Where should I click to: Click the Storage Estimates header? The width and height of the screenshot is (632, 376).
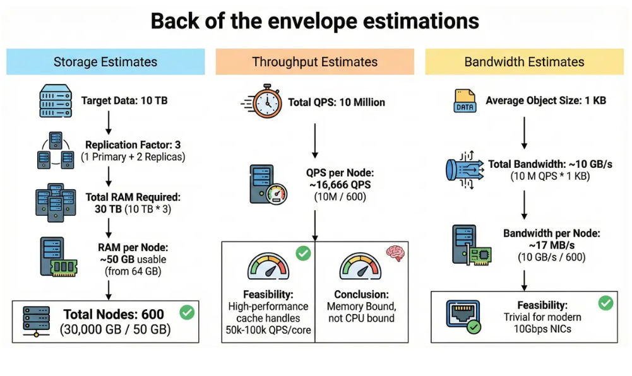point(105,62)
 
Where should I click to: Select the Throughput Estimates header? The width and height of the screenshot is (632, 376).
point(314,62)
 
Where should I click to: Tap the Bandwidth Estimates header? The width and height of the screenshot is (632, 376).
point(524,62)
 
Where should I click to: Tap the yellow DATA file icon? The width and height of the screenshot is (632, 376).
point(465,101)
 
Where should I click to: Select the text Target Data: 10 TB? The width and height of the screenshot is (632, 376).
point(124,100)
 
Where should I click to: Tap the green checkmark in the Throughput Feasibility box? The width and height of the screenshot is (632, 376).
point(303,254)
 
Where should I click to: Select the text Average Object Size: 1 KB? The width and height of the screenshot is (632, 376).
point(546,100)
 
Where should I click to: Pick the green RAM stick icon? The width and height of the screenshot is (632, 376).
point(64,266)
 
